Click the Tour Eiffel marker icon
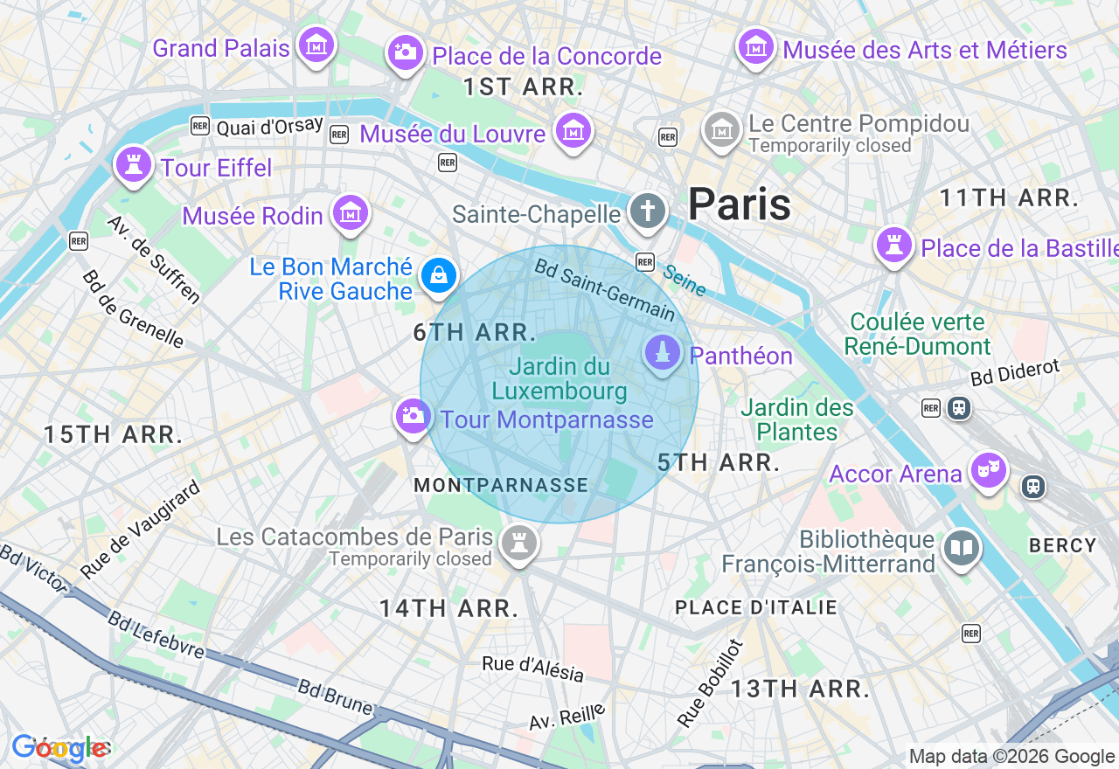133,164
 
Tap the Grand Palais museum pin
316,44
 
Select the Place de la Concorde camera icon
405,52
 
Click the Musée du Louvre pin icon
573,131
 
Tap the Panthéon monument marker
663,353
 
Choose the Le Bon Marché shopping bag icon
438,276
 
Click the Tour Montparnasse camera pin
412,416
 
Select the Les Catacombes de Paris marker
519,544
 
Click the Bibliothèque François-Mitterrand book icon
962,549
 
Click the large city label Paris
740,204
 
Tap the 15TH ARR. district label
114,434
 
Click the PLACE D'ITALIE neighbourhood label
756,607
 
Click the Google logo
59,748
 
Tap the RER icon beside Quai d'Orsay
200,127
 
